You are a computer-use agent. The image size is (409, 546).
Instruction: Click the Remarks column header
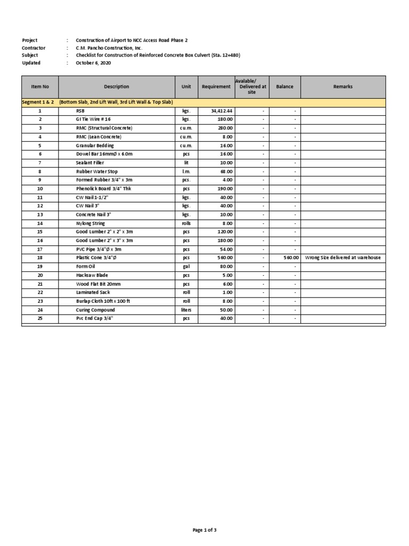tap(342, 87)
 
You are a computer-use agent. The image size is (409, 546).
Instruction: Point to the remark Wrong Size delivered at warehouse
tap(342, 258)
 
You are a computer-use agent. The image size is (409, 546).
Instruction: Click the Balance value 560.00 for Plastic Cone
tap(291, 258)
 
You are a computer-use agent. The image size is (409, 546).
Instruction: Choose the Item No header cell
tap(40, 87)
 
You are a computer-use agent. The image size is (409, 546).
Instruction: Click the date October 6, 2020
tap(94, 63)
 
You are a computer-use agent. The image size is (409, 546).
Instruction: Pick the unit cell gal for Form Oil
tap(186, 266)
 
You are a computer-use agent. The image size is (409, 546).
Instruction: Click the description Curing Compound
tap(95, 310)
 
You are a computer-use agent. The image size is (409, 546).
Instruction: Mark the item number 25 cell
tap(40, 318)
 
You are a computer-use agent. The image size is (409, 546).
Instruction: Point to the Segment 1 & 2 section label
tap(37, 102)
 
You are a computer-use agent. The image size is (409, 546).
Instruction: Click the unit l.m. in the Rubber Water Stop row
tap(186, 172)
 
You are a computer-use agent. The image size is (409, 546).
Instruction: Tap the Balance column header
tap(284, 87)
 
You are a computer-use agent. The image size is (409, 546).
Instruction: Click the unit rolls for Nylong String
tap(186, 223)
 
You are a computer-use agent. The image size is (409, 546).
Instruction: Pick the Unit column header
tap(186, 87)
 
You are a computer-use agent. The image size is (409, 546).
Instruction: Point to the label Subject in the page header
tap(31, 55)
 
